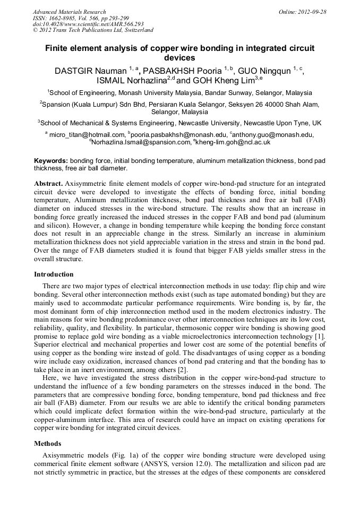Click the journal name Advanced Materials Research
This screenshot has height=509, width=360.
click(x=69, y=12)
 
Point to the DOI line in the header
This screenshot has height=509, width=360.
click(x=88, y=24)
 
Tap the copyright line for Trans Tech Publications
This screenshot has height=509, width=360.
click(x=93, y=31)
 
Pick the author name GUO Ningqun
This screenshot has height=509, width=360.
click(x=267, y=71)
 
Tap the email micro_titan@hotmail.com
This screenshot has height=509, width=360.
click(x=87, y=135)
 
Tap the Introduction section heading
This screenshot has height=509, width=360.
click(x=54, y=274)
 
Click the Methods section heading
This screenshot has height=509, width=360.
click(x=47, y=443)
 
